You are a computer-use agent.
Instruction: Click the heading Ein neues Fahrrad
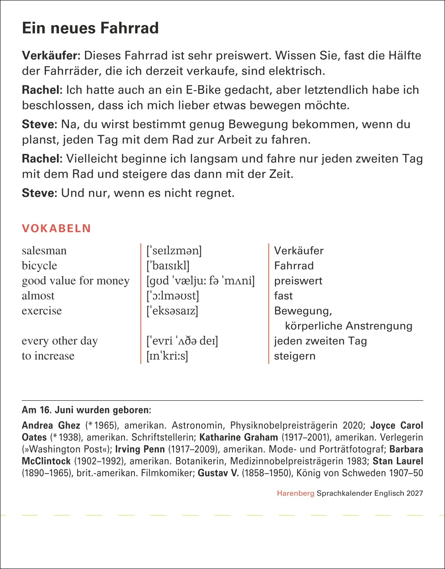(x=90, y=28)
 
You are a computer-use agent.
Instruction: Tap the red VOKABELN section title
(x=56, y=229)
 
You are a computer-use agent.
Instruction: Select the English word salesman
(x=44, y=251)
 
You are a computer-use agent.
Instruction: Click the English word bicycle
(x=39, y=265)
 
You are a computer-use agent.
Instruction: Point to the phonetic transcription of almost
(x=173, y=296)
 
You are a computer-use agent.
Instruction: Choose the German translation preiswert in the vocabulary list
(x=298, y=281)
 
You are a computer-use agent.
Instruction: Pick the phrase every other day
(x=60, y=341)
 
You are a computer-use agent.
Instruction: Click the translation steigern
(x=294, y=356)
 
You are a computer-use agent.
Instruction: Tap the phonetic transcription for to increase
(x=167, y=356)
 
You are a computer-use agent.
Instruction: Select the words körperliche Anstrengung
(x=348, y=326)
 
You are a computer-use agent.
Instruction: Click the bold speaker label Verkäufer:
(x=51, y=56)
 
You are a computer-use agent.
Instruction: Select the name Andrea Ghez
(x=51, y=425)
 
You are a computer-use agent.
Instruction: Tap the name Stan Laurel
(x=398, y=461)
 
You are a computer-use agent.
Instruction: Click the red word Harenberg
(x=295, y=493)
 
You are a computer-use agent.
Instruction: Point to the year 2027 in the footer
(x=415, y=493)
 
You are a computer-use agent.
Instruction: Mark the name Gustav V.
(x=218, y=473)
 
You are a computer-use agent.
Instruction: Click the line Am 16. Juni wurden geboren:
(x=86, y=409)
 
